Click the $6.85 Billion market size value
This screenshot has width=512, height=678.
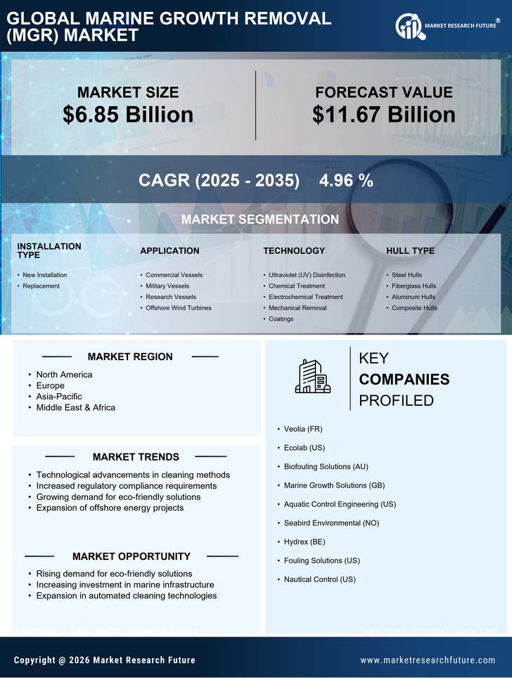point(128,115)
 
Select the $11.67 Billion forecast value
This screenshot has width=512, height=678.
point(384,115)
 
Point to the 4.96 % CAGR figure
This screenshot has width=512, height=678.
point(346,180)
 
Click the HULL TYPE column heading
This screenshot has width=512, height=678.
point(410,250)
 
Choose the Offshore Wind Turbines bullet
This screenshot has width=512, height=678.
point(179,308)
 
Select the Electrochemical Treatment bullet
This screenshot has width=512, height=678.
point(306,297)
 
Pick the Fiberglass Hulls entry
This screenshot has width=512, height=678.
point(414,286)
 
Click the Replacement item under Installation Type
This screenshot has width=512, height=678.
point(41,286)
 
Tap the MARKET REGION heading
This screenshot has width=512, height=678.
point(130,357)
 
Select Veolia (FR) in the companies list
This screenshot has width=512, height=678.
point(303,429)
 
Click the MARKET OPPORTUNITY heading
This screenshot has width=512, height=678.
point(132,556)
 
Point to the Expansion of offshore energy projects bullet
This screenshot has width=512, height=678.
point(110,508)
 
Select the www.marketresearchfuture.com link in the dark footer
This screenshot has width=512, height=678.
point(428,660)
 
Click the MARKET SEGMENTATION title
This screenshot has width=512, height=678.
point(260,219)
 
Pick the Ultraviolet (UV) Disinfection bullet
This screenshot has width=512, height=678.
point(307,275)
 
